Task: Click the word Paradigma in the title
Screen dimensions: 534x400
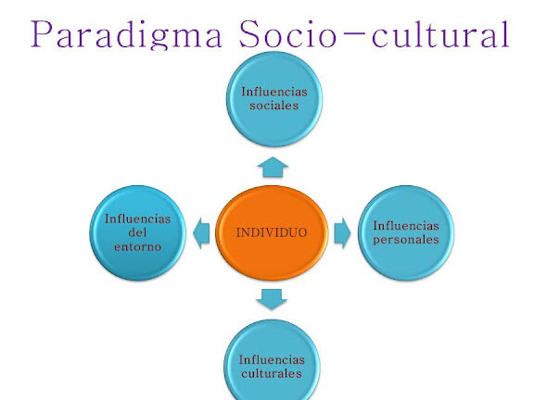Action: click(127, 34)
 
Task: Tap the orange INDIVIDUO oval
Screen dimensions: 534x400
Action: click(272, 232)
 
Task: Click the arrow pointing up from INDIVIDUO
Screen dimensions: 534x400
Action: click(273, 167)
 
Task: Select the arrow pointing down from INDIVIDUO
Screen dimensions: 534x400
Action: click(272, 299)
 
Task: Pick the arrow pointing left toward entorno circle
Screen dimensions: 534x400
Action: click(201, 233)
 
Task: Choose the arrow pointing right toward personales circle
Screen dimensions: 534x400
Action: click(342, 233)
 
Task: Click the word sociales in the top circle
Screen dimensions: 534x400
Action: click(274, 106)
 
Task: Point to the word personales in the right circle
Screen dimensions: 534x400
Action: click(406, 240)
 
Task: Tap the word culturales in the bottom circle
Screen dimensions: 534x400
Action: click(272, 373)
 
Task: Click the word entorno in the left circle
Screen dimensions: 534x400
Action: click(137, 247)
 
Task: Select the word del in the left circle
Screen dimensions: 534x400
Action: click(137, 232)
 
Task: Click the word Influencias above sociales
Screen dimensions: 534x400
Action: click(274, 92)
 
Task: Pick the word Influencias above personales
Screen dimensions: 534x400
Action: click(406, 226)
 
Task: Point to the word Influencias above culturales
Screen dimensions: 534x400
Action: click(272, 359)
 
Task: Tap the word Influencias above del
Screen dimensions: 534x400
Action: click(137, 219)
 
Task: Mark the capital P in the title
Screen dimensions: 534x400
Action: click(43, 33)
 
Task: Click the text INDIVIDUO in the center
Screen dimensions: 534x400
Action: click(272, 232)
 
